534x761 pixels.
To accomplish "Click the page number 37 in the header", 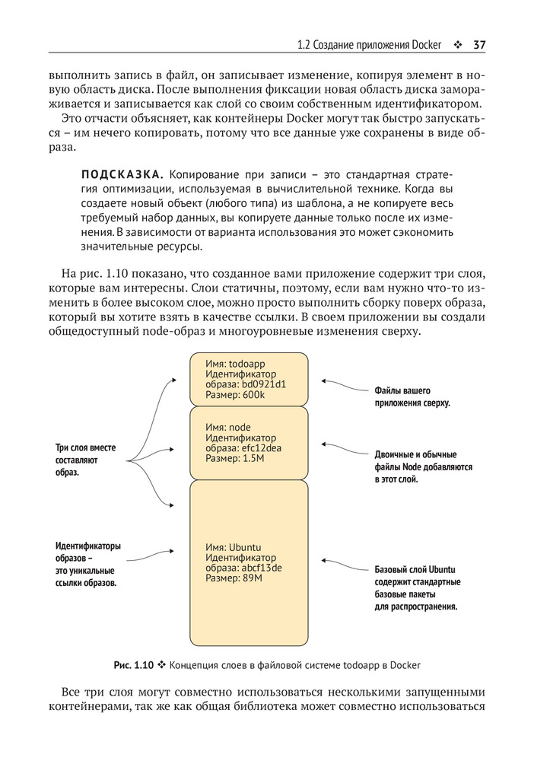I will (479, 44).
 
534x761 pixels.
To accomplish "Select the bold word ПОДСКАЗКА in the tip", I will (117, 174).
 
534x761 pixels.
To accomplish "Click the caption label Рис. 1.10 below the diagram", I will (134, 665).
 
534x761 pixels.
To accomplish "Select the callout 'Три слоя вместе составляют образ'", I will (85, 460).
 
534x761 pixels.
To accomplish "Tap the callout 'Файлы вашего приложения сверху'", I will (412, 396).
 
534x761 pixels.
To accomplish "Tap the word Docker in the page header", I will (426, 45).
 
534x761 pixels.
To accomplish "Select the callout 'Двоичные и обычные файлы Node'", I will (422, 466).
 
